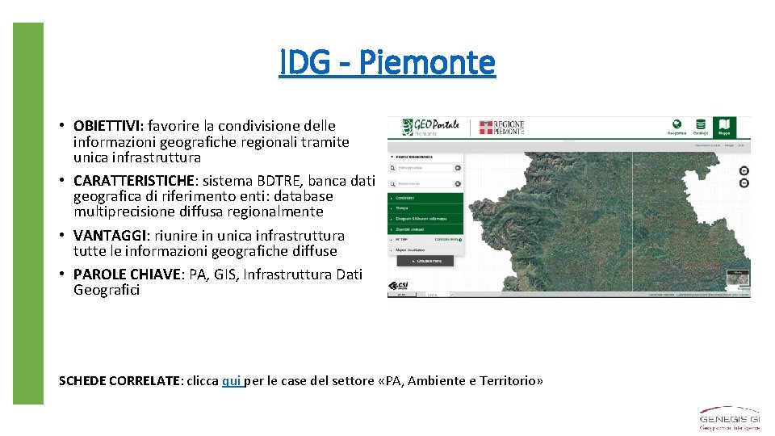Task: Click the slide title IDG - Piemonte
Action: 387,62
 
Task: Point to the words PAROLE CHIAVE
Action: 128,275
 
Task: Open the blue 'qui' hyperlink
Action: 232,381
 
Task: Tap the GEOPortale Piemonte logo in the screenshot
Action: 425,128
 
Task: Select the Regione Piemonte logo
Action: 502,128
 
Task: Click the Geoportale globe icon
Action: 677,127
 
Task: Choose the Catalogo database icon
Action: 701,127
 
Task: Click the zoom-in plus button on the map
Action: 744,170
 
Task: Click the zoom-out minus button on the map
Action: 744,183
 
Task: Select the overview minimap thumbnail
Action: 737,279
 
